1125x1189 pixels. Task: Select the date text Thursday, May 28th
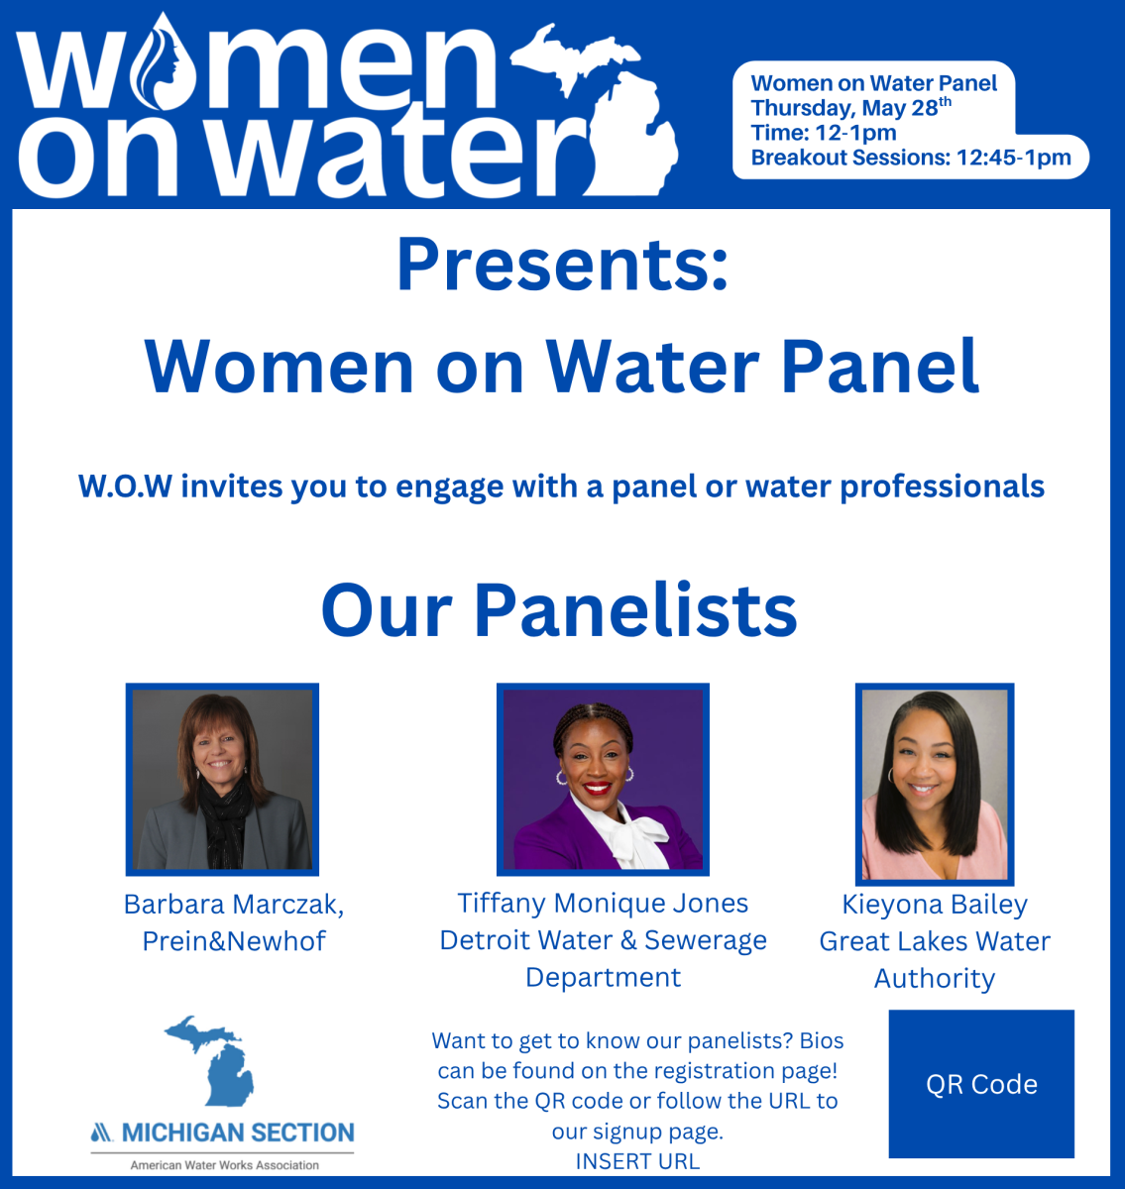pos(850,107)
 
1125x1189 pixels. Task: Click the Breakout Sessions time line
pos(911,158)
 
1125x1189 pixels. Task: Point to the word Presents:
pos(562,266)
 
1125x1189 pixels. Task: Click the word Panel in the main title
pos(880,367)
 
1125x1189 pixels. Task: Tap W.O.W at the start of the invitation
pos(125,486)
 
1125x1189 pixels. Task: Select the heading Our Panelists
pos(559,609)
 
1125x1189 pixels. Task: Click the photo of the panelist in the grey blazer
pos(222,780)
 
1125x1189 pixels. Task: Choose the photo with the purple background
pos(603,780)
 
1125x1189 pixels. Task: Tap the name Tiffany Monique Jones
pos(603,904)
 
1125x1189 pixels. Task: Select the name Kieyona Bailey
pos(935,905)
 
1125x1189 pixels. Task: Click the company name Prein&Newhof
pos(234,941)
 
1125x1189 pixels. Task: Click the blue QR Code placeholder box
pos(981,1084)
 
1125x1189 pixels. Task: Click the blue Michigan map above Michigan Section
pos(209,1061)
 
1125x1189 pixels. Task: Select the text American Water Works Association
pos(225,1165)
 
